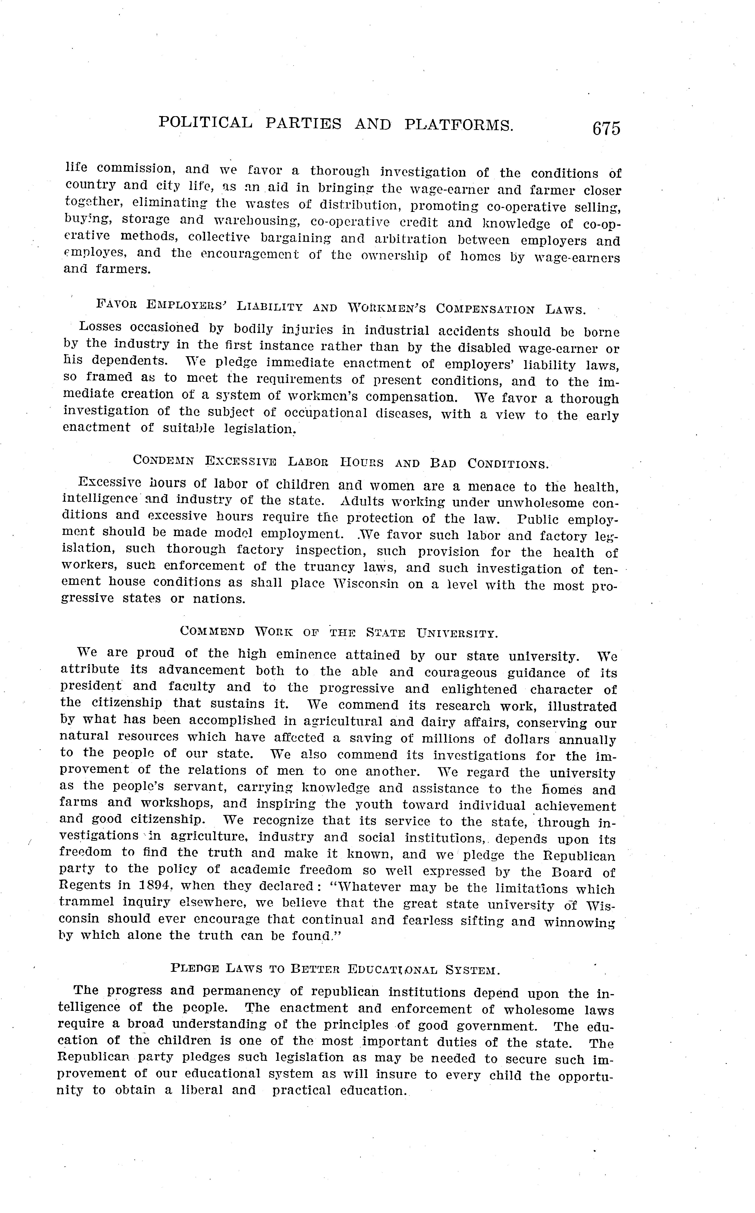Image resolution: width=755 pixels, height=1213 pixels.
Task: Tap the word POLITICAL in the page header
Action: (205, 122)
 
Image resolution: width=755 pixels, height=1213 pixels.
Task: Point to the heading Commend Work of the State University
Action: (338, 633)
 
